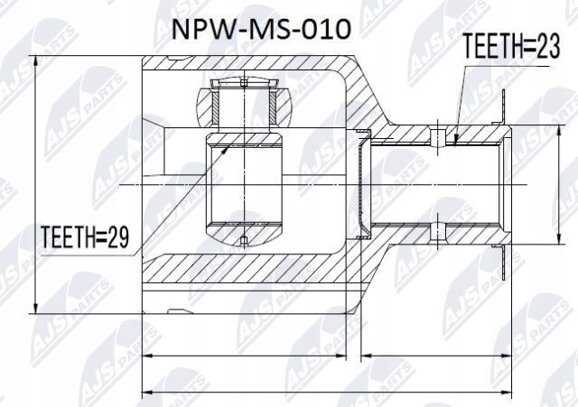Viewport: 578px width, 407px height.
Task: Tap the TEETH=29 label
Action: (x=87, y=237)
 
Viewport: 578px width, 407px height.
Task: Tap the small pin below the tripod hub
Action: (x=245, y=239)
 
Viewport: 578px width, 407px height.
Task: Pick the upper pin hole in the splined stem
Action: (x=438, y=137)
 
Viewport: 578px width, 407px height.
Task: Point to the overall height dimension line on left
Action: (x=34, y=180)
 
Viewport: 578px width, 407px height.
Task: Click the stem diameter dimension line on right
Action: (x=555, y=180)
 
